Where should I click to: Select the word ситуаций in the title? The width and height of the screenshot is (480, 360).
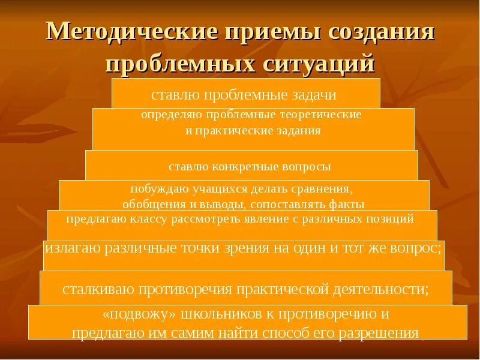coord(316,62)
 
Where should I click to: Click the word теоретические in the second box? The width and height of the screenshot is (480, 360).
coord(325,114)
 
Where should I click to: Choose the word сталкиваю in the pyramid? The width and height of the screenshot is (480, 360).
coord(100,289)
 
